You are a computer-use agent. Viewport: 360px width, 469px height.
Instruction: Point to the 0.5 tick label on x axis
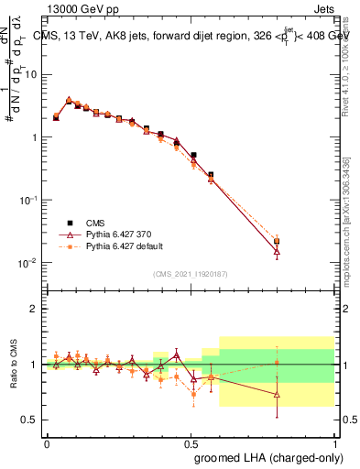191,442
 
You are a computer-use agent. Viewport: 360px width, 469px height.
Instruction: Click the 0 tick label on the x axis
47,442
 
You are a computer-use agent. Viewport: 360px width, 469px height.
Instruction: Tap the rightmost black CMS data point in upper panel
277,242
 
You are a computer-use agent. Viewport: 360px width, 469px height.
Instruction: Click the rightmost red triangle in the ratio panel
277,395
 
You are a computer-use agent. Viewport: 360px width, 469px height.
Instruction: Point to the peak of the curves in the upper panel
70,101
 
